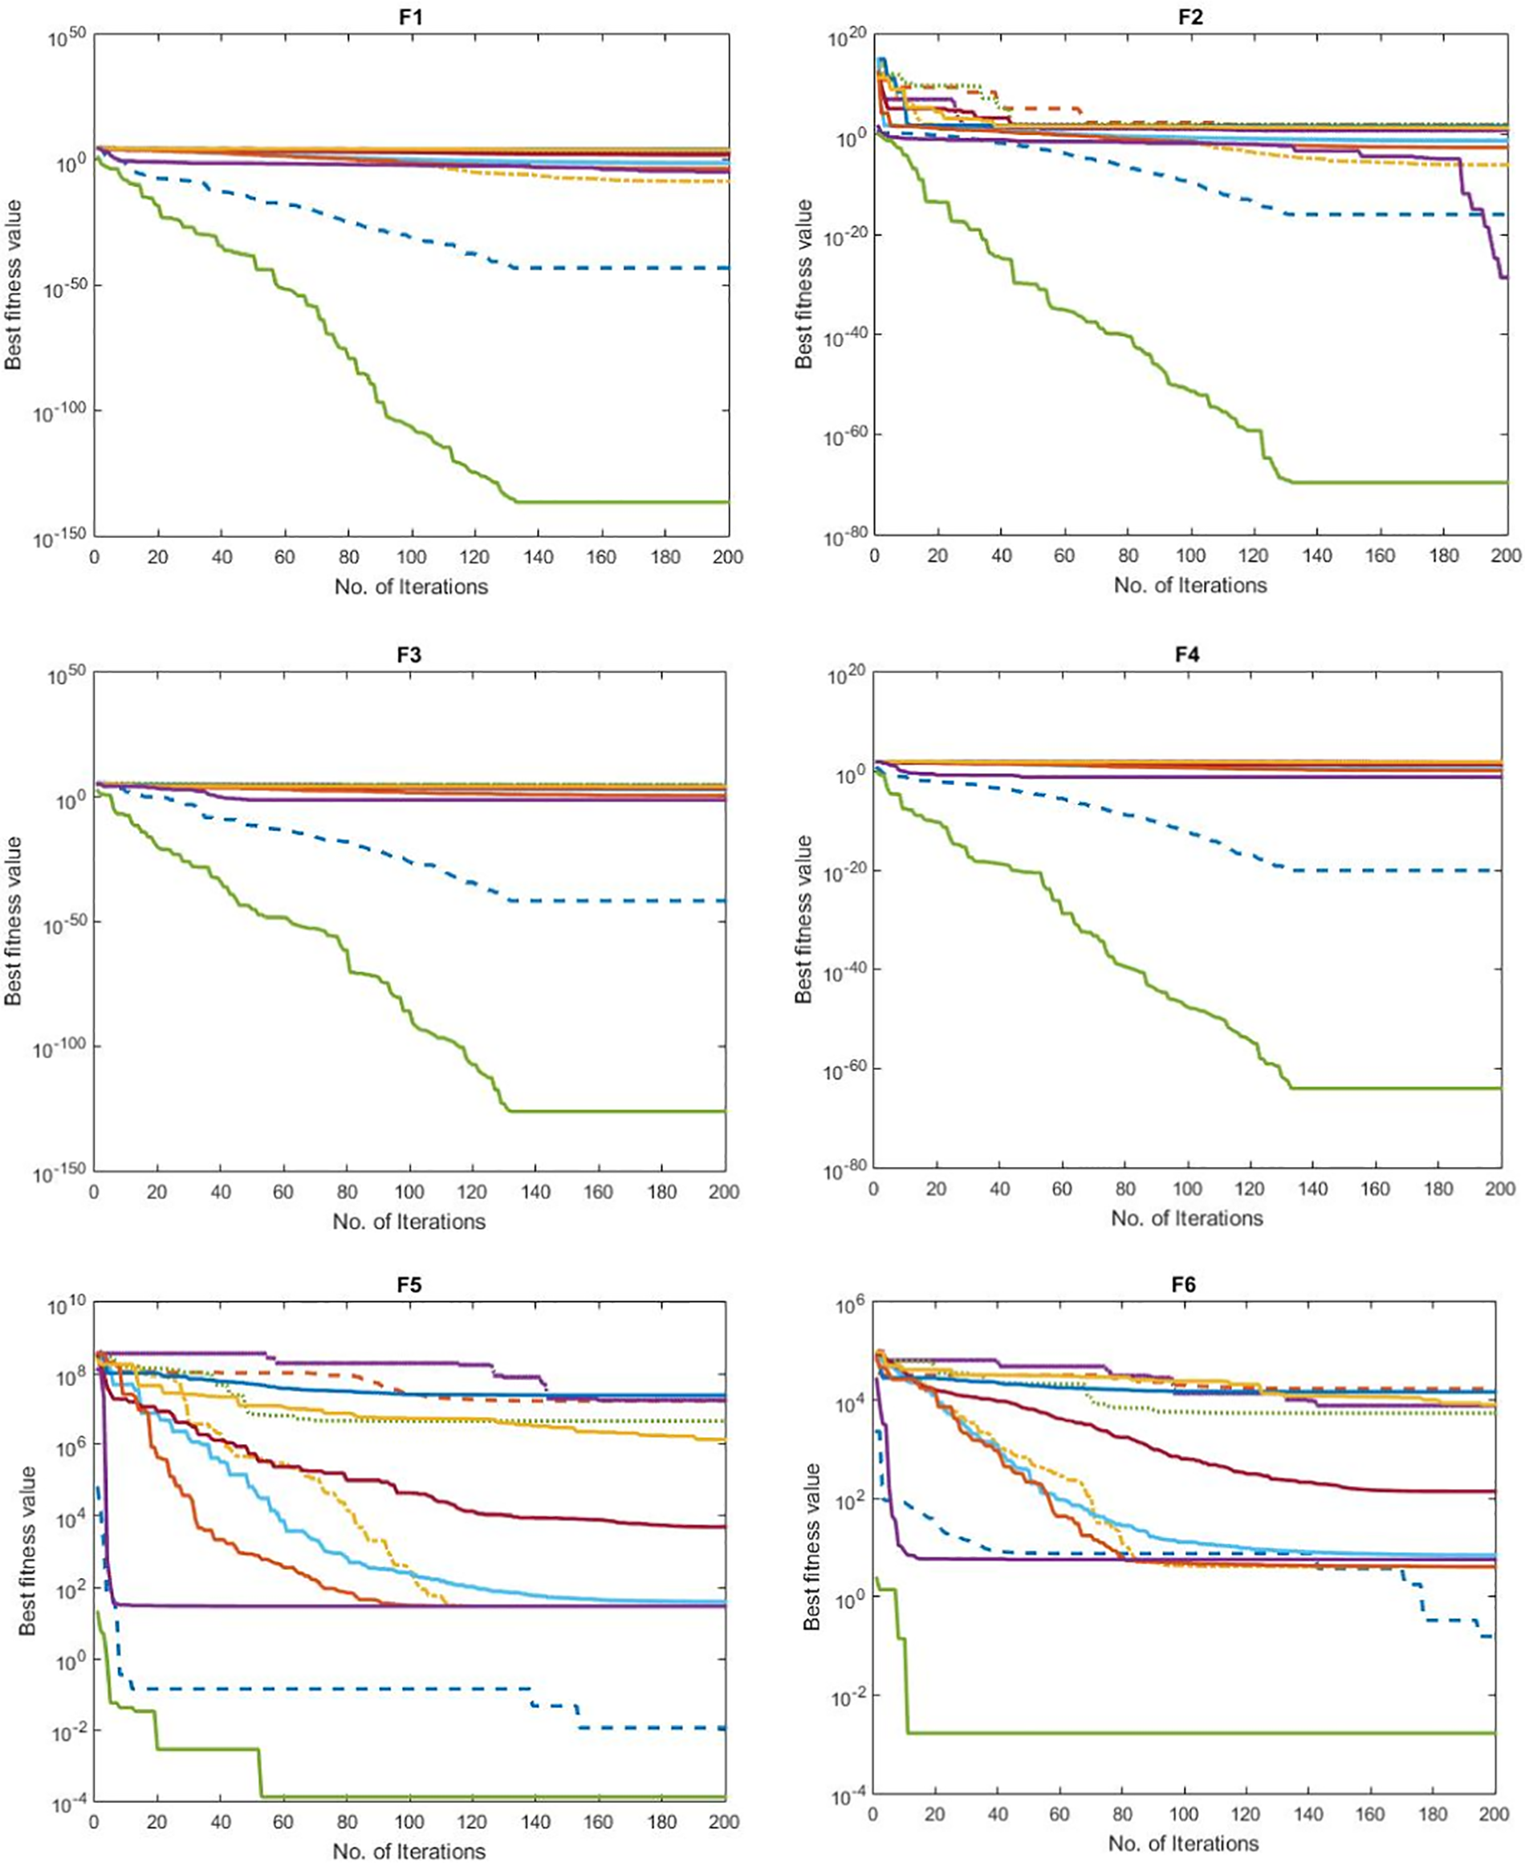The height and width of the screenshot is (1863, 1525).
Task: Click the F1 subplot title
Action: tap(411, 18)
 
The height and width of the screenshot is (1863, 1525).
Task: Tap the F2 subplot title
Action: tap(1190, 18)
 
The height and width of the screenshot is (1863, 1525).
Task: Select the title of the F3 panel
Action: tap(409, 654)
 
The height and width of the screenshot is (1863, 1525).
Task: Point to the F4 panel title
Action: tap(1187, 654)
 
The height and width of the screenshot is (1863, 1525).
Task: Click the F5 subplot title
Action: tap(409, 1285)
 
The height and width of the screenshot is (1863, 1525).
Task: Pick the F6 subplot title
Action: tap(1183, 1285)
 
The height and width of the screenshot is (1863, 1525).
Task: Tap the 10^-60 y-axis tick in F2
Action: tap(844, 437)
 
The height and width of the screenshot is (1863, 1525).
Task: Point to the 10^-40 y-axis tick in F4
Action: tap(844, 971)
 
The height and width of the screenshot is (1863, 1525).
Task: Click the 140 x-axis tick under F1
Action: tap(538, 557)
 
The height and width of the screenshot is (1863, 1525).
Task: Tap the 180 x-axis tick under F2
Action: tap(1443, 556)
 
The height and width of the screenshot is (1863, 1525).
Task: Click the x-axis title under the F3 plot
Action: tap(409, 1222)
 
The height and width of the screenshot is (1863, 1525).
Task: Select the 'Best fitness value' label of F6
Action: tap(812, 1547)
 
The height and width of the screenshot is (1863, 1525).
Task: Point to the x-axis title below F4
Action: tap(1187, 1218)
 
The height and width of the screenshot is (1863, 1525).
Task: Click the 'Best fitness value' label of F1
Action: tap(13, 285)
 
